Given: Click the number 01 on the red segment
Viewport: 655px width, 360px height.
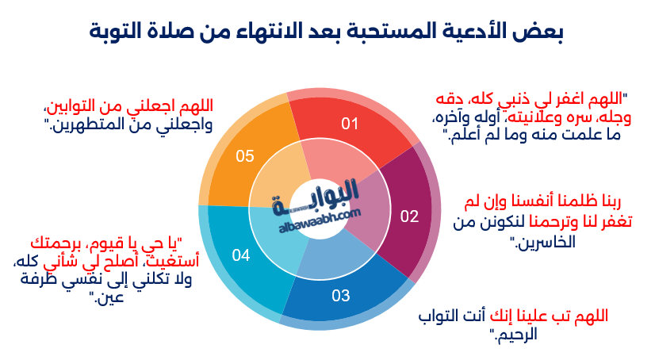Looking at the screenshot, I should (x=350, y=124).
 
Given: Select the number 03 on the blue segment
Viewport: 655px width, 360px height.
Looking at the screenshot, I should (x=340, y=297).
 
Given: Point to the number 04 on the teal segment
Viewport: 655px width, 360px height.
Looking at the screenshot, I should (x=241, y=255).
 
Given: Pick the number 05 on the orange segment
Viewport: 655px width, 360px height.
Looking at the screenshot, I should (x=245, y=155).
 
